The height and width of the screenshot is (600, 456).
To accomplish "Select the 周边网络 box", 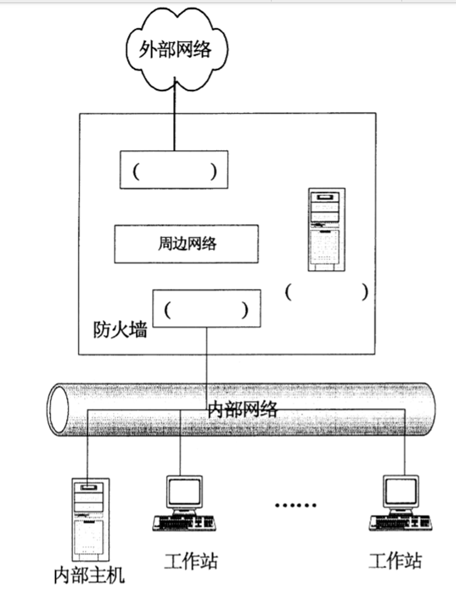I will point(187,243).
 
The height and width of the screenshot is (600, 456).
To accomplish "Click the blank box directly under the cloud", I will point(174,170).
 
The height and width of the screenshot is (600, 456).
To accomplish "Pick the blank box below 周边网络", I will point(206,308).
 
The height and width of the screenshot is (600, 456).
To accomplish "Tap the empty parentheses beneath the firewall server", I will point(325,292).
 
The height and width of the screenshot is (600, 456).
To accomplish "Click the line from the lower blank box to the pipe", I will point(206,359).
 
